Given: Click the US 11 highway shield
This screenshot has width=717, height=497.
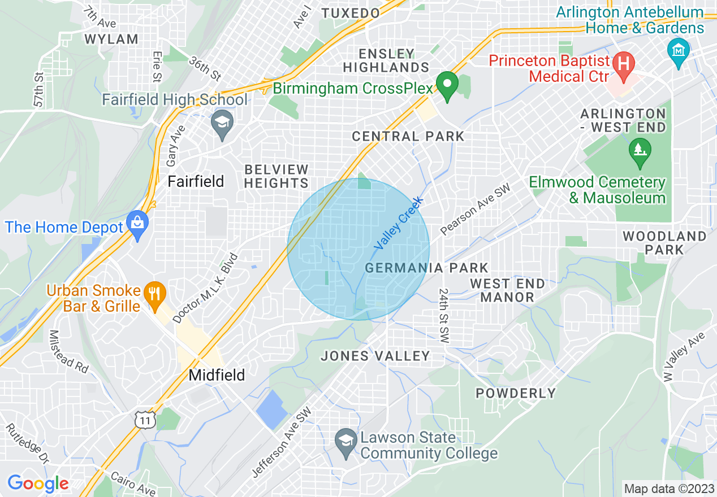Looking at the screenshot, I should pos(145,420).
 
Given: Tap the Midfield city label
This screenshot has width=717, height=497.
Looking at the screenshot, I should pos(217,375).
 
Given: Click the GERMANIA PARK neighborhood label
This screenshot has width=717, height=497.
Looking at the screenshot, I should pos(426,268).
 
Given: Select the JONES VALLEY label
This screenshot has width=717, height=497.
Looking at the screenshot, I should pos(375,356).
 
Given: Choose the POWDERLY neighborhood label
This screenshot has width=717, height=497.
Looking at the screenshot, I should pos(516,393).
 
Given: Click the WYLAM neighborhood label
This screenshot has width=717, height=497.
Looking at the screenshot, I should pos(111,39).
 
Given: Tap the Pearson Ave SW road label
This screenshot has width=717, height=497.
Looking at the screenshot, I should pos(475,210).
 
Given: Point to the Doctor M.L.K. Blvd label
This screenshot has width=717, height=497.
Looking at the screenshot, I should pos(206,288).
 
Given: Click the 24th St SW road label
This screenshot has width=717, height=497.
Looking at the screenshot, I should pos(443,315).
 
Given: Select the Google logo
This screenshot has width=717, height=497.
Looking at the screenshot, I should pos(38,483).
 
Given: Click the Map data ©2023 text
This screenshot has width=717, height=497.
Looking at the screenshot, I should pos(668,488).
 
